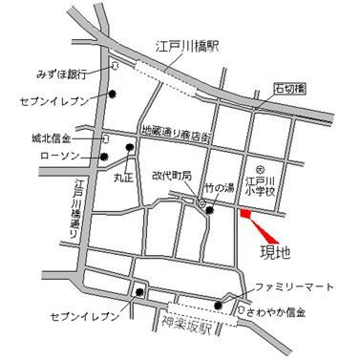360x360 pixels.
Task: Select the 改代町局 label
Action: (x=173, y=176)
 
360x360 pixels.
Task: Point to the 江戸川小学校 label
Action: (x=261, y=181)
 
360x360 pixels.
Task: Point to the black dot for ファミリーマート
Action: (x=220, y=306)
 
